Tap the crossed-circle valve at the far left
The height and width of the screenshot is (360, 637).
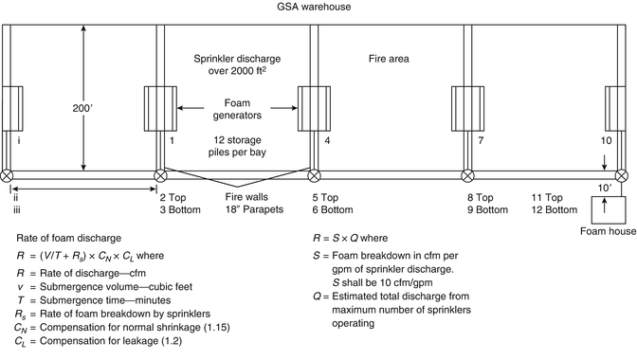point(8,175)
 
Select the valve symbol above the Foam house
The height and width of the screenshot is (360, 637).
point(621,175)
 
